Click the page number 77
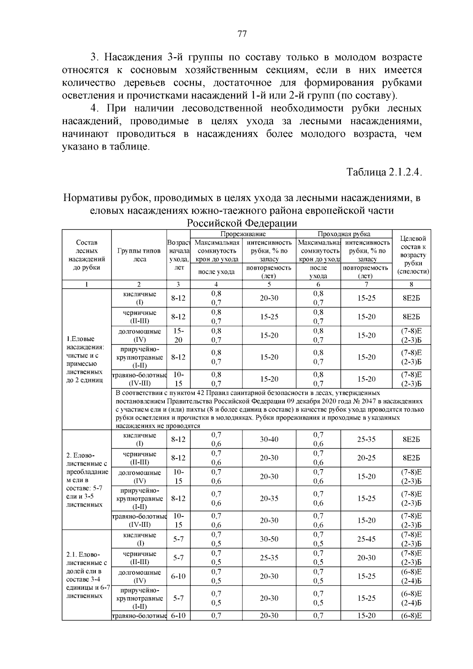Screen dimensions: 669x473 [242, 34]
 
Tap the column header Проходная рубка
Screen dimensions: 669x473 [344, 234]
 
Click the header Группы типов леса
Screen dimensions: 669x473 [139, 255]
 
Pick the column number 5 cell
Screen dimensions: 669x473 [269, 284]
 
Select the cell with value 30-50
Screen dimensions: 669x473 [269, 539]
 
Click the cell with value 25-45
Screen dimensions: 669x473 [366, 539]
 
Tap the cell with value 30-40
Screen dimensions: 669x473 [269, 439]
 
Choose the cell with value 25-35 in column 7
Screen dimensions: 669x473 [366, 439]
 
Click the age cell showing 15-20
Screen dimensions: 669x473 [179, 335]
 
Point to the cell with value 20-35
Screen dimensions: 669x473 [269, 498]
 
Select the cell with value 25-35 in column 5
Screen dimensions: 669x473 [269, 557]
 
